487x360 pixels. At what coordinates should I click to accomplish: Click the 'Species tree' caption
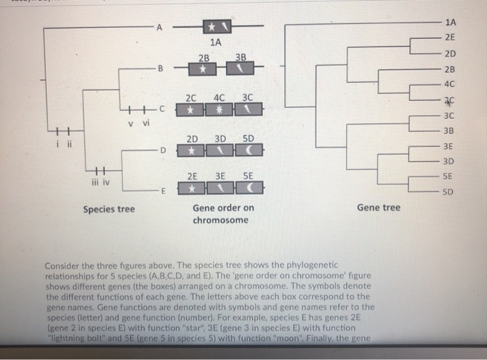pos(109,208)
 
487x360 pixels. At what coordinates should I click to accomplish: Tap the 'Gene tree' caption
pos(378,208)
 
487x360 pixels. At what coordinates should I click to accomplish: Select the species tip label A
pos(159,28)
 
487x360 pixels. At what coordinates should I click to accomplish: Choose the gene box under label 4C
pos(220,110)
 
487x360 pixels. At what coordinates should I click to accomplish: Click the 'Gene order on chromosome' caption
pos(223,214)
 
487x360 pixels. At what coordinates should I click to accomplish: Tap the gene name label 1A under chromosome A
pos(216,42)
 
